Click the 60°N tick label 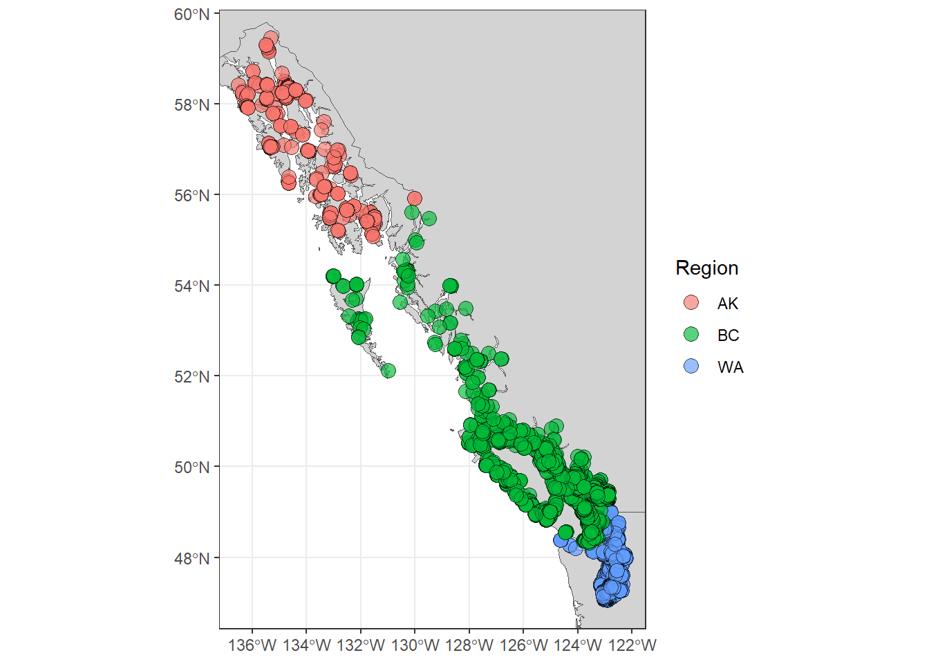pyautogui.click(x=191, y=15)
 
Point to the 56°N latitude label pyautogui.click(x=191, y=196)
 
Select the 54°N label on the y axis pyautogui.click(x=191, y=286)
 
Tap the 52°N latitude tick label pyautogui.click(x=191, y=377)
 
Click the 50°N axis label pyautogui.click(x=191, y=468)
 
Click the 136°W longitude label pyautogui.click(x=252, y=646)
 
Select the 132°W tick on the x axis pyautogui.click(x=361, y=646)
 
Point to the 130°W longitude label pyautogui.click(x=415, y=646)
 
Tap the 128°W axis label pyautogui.click(x=469, y=646)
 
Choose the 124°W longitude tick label pyautogui.click(x=578, y=646)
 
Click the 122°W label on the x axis pyautogui.click(x=632, y=646)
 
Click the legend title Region pyautogui.click(x=706, y=268)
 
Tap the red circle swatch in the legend pyautogui.click(x=691, y=303)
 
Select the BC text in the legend pyautogui.click(x=728, y=335)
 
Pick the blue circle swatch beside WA pyautogui.click(x=691, y=367)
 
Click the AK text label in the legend pyautogui.click(x=728, y=304)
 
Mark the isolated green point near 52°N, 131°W pyautogui.click(x=388, y=371)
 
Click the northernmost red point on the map pyautogui.click(x=271, y=37)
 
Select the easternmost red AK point pyautogui.click(x=414, y=199)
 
